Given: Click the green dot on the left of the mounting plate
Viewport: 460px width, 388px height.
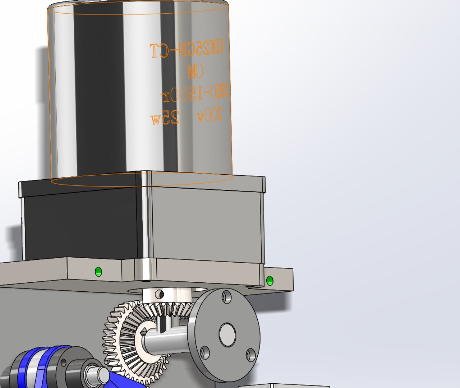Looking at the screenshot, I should pyautogui.click(x=98, y=272).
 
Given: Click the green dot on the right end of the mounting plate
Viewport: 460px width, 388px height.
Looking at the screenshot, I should pyautogui.click(x=270, y=281).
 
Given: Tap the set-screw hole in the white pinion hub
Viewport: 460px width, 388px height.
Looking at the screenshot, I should pyautogui.click(x=160, y=295).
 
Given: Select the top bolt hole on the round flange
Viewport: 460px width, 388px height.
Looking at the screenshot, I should pyautogui.click(x=226, y=297).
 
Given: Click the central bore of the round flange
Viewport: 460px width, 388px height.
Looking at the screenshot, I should pyautogui.click(x=227, y=334).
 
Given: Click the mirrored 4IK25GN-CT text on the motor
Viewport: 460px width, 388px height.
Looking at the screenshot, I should pyautogui.click(x=187, y=50).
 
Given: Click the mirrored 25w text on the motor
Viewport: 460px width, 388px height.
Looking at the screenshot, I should pyautogui.click(x=165, y=118).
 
